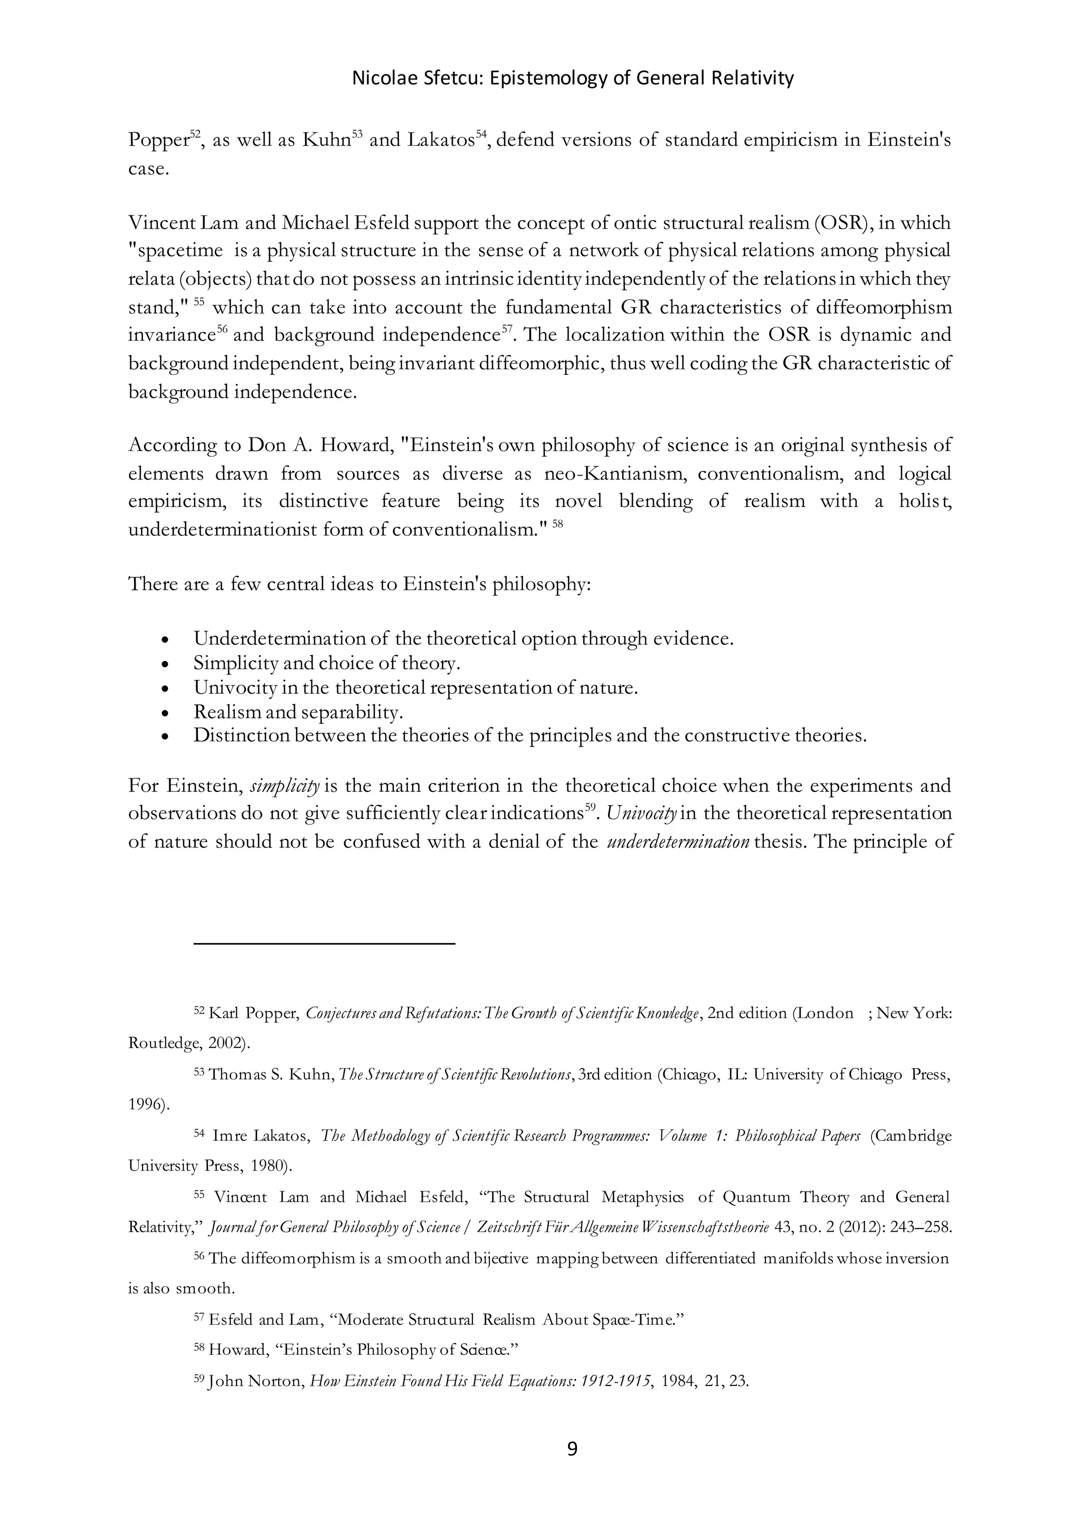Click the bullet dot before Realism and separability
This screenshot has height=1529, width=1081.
(x=166, y=713)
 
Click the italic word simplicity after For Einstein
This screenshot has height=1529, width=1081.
(x=285, y=786)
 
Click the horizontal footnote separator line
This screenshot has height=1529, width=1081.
(x=324, y=943)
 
